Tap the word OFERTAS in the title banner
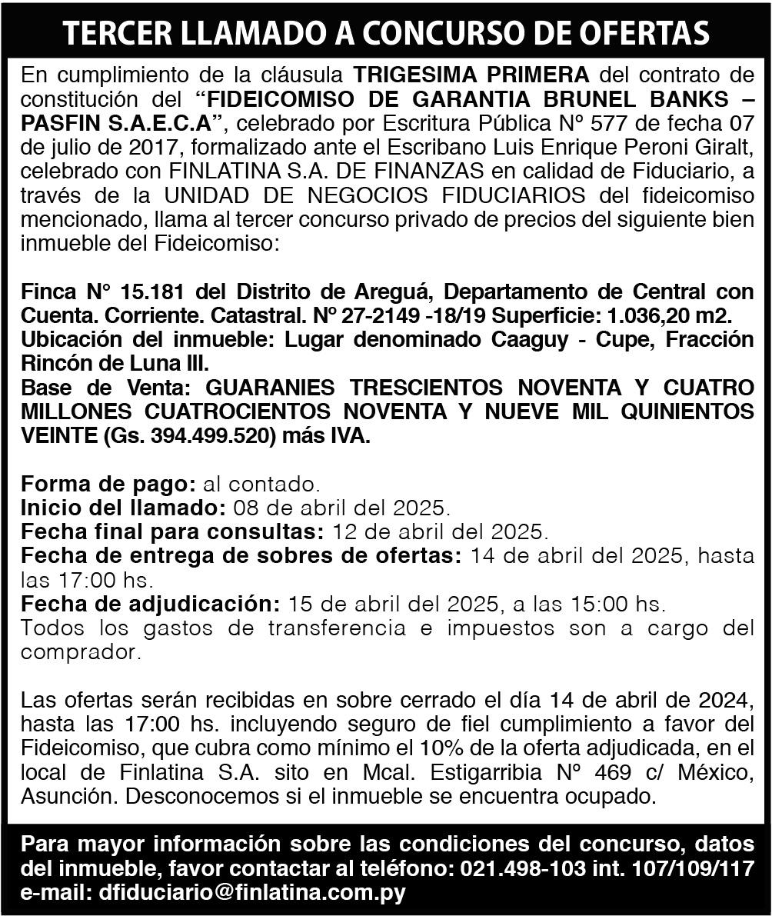coord(644,33)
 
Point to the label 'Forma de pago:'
coord(108,485)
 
